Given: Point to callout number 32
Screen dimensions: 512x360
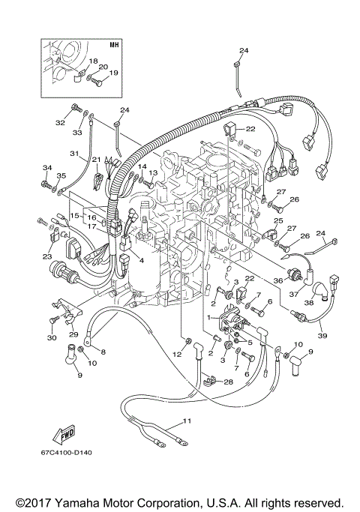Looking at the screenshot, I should pyautogui.click(x=59, y=121).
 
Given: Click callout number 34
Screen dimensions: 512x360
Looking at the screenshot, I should pyautogui.click(x=46, y=167).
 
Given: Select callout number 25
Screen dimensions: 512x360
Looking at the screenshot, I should pyautogui.click(x=277, y=222).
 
